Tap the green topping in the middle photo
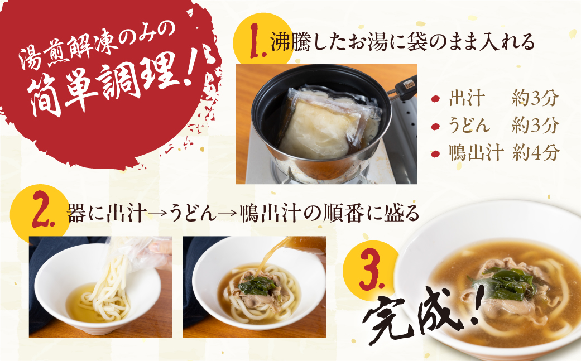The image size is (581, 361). (x=258, y=286)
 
